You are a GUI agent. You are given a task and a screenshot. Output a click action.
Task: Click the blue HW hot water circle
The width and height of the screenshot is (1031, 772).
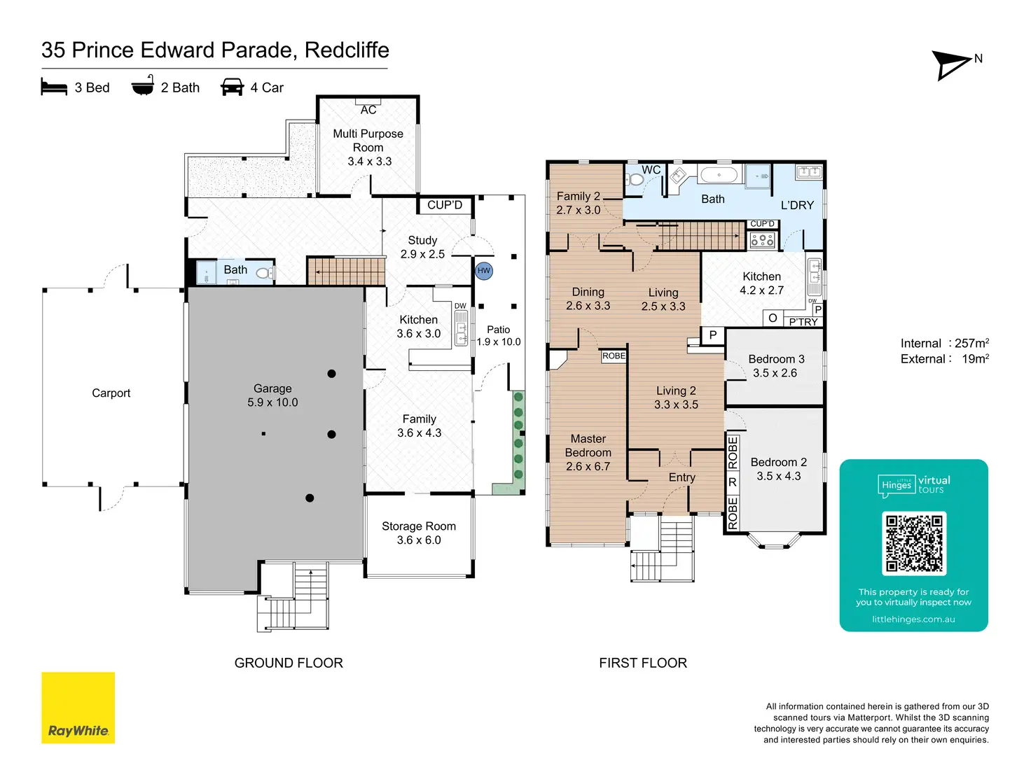click(x=484, y=271)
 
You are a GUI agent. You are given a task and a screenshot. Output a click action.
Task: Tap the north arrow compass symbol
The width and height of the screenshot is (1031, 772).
click(x=953, y=65)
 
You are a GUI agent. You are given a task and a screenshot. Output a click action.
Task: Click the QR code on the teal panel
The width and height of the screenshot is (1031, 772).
click(x=914, y=543)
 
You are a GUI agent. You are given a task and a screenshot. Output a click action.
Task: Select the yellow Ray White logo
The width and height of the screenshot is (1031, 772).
click(x=78, y=708)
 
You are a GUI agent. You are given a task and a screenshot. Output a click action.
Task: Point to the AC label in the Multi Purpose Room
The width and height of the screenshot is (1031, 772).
click(x=368, y=110)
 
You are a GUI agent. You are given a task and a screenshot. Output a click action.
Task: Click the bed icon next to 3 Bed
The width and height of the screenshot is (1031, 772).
click(x=54, y=87)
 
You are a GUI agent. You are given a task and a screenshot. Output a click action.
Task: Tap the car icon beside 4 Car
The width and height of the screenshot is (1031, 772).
click(x=232, y=87)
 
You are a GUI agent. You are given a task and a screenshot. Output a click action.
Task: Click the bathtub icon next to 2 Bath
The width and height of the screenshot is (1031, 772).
click(x=143, y=86)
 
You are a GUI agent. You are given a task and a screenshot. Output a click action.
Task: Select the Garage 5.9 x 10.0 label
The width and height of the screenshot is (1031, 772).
click(x=272, y=395)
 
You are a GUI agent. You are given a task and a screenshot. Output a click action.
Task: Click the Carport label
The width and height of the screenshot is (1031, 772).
click(x=111, y=393)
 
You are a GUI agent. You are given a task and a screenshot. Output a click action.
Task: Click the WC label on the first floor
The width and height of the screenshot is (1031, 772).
click(x=651, y=170)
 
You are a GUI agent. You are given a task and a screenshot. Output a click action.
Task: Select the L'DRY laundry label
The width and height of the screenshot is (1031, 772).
click(x=797, y=205)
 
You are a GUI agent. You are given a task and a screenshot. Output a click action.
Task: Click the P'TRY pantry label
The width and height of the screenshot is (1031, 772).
click(x=803, y=322)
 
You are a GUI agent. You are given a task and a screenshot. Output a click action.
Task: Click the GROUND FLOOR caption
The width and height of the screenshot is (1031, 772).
click(x=289, y=663)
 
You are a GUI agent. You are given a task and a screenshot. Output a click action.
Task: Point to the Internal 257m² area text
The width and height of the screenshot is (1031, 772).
click(x=944, y=343)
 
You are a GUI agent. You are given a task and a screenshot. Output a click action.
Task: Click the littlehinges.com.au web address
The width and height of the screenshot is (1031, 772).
click(x=913, y=619)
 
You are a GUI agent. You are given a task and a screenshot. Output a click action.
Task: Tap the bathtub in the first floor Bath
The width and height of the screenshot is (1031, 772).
click(x=719, y=175)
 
